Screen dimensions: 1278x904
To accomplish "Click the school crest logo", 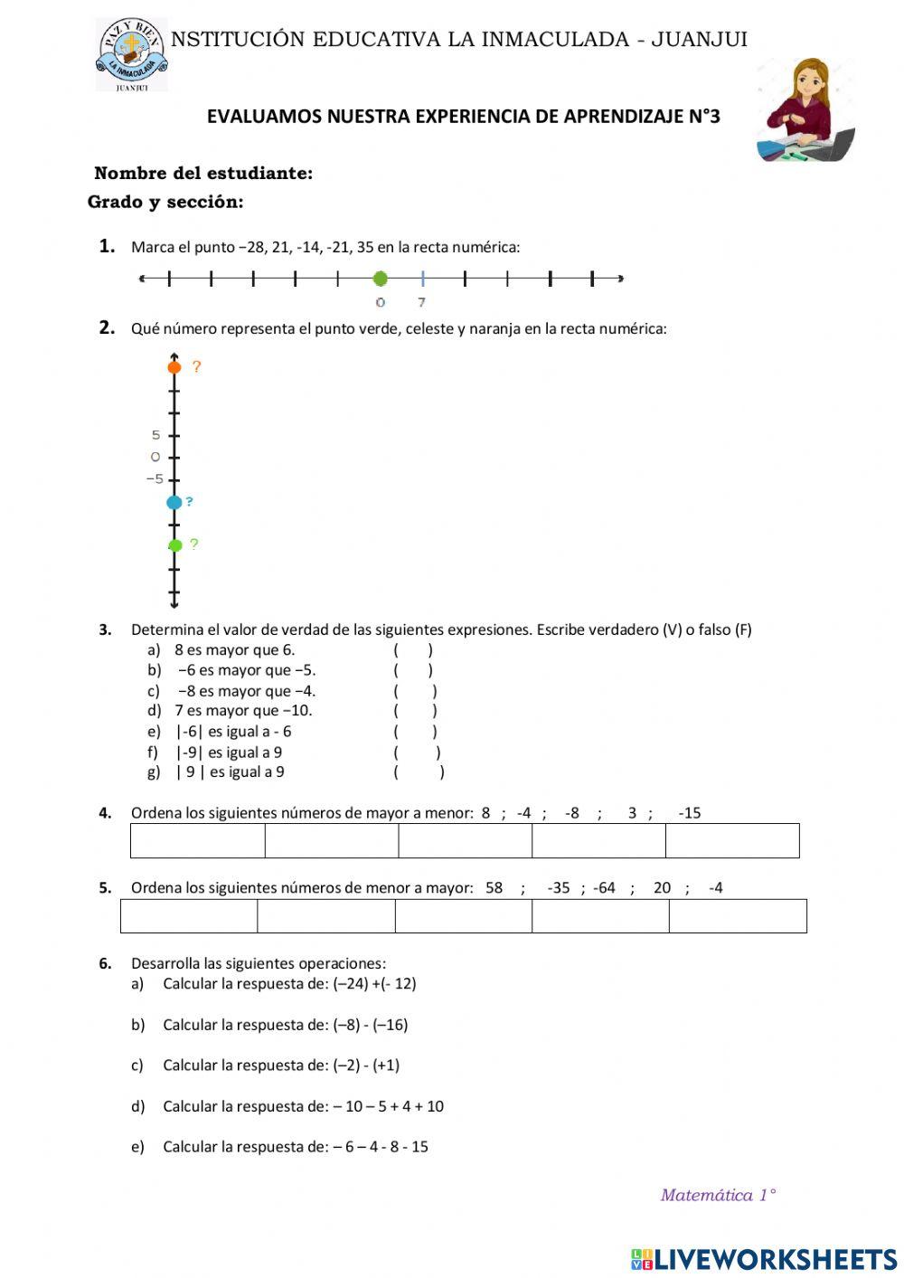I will click(x=131, y=53).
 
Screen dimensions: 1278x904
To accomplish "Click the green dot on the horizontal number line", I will click(x=380, y=279).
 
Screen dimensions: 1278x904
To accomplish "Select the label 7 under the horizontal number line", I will click(x=421, y=302).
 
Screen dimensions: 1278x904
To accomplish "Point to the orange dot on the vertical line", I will click(x=174, y=366).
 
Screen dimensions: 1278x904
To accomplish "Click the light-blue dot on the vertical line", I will click(x=174, y=502).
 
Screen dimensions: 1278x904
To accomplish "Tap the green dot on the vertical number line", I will click(x=174, y=544).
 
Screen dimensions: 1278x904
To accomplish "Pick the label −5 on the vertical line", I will click(x=155, y=479).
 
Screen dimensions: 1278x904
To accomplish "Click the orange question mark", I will click(x=196, y=366).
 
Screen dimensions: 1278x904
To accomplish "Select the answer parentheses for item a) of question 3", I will click(x=413, y=649).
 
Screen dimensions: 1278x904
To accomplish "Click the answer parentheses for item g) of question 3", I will click(x=419, y=772).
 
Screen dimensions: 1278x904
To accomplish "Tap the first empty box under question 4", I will click(x=198, y=840).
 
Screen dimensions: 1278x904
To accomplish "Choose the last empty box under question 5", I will click(x=738, y=916).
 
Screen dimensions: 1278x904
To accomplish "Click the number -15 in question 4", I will click(x=689, y=813).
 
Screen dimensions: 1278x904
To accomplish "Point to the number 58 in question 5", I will click(x=494, y=888).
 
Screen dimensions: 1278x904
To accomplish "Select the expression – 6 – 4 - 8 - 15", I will click(x=380, y=1147).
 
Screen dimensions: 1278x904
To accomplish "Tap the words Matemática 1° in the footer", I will click(x=718, y=1196).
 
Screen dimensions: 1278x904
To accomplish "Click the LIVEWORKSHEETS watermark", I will click(x=764, y=1258).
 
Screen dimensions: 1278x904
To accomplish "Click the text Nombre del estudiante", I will click(x=203, y=174).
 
